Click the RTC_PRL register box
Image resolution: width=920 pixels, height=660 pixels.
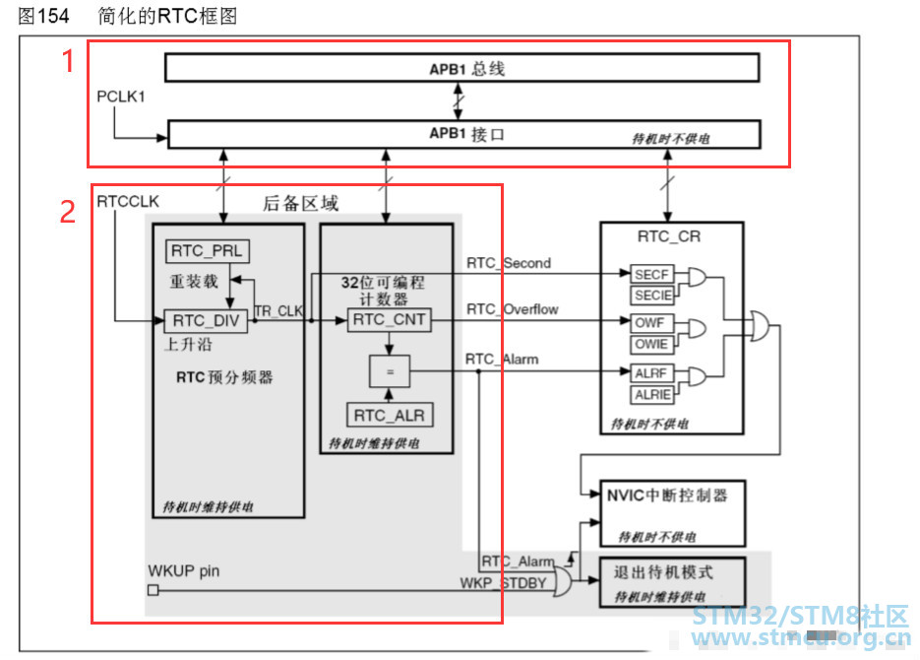(208, 251)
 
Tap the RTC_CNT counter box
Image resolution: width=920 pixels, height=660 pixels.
(389, 319)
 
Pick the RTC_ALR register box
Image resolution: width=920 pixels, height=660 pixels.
(389, 414)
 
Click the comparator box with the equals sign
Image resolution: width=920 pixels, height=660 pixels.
(389, 370)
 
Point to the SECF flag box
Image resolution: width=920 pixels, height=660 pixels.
(651, 275)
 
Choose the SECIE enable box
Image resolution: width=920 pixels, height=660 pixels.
(651, 295)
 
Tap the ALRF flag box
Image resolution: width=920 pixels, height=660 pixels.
(651, 372)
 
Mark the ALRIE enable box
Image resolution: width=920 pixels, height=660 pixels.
(651, 393)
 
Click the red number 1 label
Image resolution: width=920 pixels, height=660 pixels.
(69, 61)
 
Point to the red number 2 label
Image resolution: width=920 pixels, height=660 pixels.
(68, 211)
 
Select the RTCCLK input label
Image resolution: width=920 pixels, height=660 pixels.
(128, 202)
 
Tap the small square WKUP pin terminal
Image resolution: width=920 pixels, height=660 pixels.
(153, 590)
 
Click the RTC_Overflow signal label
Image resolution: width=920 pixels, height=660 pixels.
(512, 309)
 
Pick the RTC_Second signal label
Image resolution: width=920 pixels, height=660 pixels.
(508, 263)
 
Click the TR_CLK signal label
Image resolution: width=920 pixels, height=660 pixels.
(279, 310)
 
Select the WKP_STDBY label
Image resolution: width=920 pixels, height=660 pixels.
(503, 582)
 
